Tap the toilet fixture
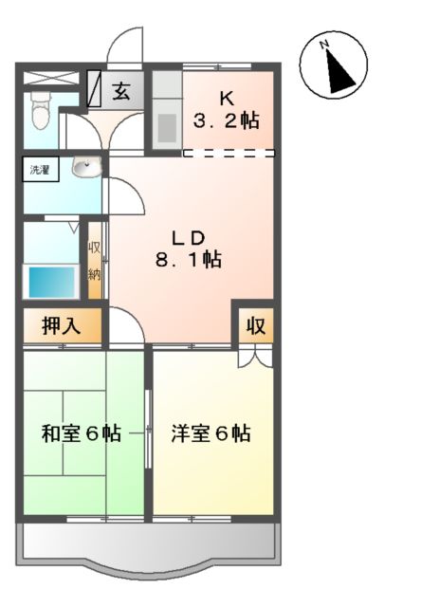pos(41,112)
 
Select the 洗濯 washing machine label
pos(40,171)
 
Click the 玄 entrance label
pos(121,92)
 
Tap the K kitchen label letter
pos(228,99)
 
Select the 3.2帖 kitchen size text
pos(228,120)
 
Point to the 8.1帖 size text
pos(190,259)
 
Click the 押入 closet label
pos(60,326)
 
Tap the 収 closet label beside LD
pos(256,326)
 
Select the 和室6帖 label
pos(81,434)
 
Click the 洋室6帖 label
pos(210,434)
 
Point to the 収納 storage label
pos(95,261)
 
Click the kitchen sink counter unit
pos(167,116)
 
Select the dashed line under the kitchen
pos(229,152)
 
